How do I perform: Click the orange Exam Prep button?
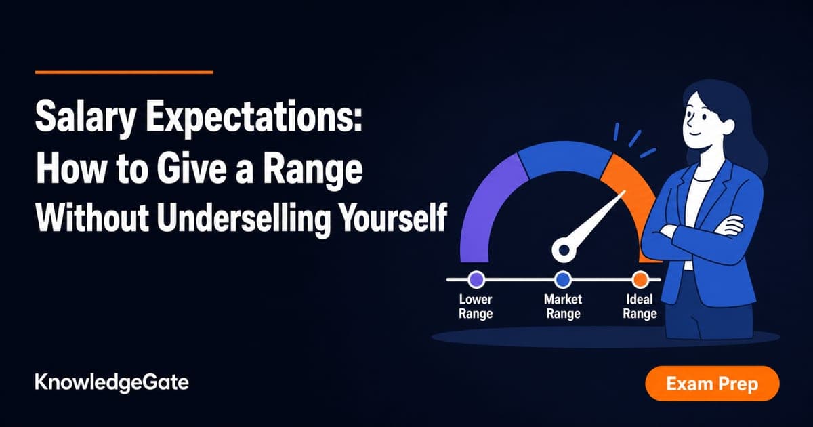[x=712, y=384]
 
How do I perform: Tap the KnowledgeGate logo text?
[x=112, y=383]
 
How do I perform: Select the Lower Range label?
[x=476, y=306]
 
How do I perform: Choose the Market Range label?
[x=563, y=306]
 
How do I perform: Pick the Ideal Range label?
[x=640, y=306]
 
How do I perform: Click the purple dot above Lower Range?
[x=476, y=279]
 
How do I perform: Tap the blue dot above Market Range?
[x=563, y=279]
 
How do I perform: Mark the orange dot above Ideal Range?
[x=640, y=279]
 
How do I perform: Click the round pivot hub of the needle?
[x=564, y=250]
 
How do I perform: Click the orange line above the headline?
[x=124, y=73]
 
